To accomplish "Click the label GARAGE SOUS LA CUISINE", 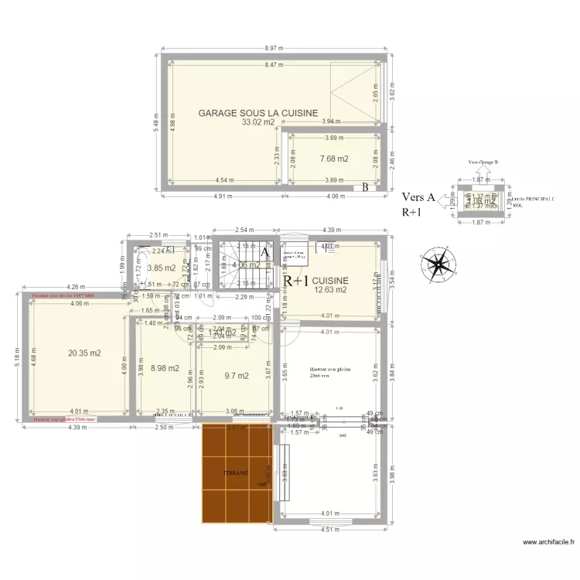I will pyautogui.click(x=258, y=113).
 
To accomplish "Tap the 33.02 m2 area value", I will pyautogui.click(x=258, y=122).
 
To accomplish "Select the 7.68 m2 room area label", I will pyautogui.click(x=334, y=159).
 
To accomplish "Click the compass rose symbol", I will pyautogui.click(x=438, y=265).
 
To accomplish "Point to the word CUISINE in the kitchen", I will pyautogui.click(x=330, y=281).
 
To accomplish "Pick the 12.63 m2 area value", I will pyautogui.click(x=330, y=291).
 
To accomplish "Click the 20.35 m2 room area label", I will pyautogui.click(x=84, y=353).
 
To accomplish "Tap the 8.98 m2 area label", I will pyautogui.click(x=164, y=369).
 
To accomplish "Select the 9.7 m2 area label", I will pyautogui.click(x=237, y=377).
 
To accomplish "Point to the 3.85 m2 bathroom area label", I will pyautogui.click(x=161, y=269).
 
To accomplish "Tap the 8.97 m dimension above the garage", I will pyautogui.click(x=274, y=48).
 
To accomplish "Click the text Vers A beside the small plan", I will pyautogui.click(x=418, y=198).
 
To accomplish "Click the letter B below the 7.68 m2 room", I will pyautogui.click(x=365, y=187).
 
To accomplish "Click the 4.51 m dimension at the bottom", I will pyautogui.click(x=329, y=531).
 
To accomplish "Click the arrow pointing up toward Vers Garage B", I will pyautogui.click(x=482, y=172).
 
